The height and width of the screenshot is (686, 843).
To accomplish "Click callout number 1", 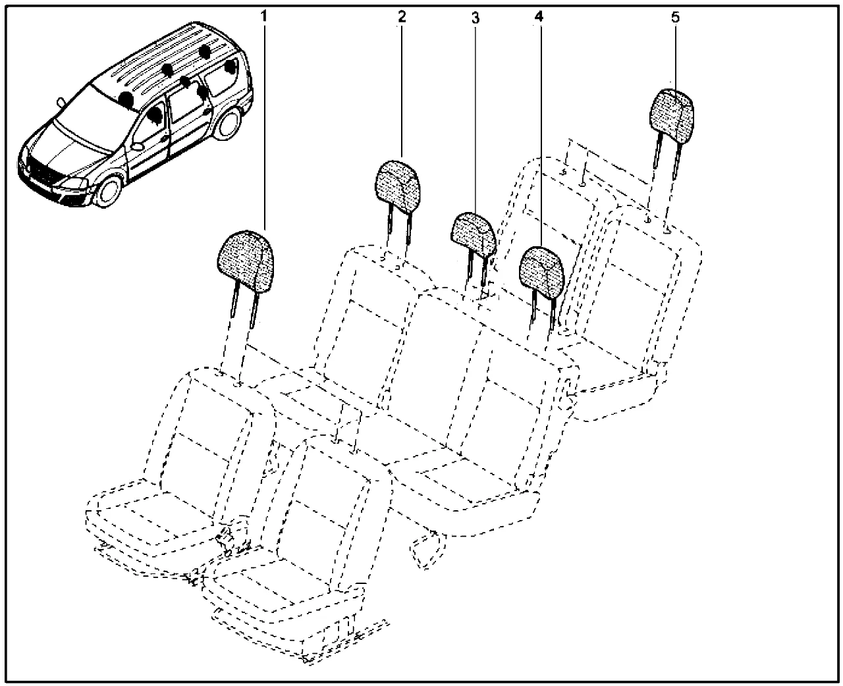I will point(264,16).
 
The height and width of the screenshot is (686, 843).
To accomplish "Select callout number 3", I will point(475,18).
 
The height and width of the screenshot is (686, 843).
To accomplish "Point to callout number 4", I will point(539,16).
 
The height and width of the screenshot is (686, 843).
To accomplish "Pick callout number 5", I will point(675,17).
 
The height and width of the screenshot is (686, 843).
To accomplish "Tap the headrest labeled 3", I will point(473,232).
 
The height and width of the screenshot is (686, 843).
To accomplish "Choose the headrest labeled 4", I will point(543,268).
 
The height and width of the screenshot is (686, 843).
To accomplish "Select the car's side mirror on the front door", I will point(138,144).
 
